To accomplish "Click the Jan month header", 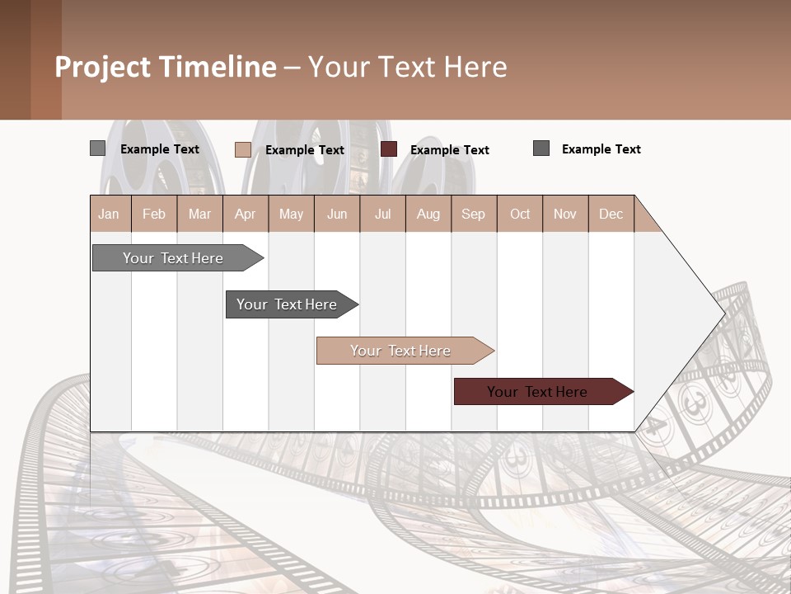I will pyautogui.click(x=110, y=214).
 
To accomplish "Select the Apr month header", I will pyautogui.click(x=246, y=214).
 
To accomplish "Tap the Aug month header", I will pyautogui.click(x=428, y=214).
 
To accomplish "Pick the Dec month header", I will pyautogui.click(x=611, y=214).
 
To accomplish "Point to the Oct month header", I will pyautogui.click(x=520, y=214).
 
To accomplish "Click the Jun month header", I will pyautogui.click(x=337, y=214).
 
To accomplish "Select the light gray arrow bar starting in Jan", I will pyautogui.click(x=174, y=258).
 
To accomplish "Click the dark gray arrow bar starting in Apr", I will pyautogui.click(x=288, y=304).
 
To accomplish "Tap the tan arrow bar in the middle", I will pyautogui.click(x=401, y=351).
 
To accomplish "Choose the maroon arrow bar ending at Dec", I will pyautogui.click(x=538, y=392).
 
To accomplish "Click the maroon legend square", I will pyautogui.click(x=389, y=149).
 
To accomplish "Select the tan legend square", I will pyautogui.click(x=243, y=149).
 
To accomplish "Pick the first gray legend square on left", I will pyautogui.click(x=97, y=148).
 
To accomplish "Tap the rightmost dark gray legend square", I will pyautogui.click(x=541, y=148).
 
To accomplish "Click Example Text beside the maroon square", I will pyautogui.click(x=450, y=150).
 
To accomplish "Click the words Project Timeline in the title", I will pyautogui.click(x=166, y=67).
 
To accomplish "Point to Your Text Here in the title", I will pyautogui.click(x=408, y=67).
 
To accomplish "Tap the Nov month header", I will pyautogui.click(x=565, y=214).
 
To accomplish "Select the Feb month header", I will pyautogui.click(x=154, y=214).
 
